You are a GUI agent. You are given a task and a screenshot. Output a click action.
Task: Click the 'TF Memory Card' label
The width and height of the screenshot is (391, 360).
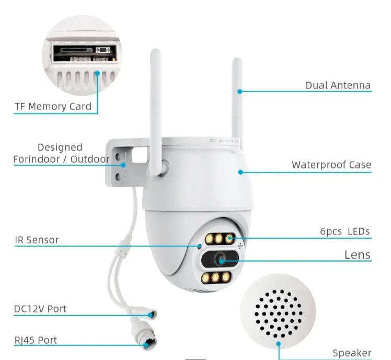53,107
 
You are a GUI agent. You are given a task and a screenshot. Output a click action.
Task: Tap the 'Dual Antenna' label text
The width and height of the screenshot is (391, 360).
338,85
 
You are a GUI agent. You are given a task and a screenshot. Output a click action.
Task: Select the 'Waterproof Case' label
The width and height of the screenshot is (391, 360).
331,165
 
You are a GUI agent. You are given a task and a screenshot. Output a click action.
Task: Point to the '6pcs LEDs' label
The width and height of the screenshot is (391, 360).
344,231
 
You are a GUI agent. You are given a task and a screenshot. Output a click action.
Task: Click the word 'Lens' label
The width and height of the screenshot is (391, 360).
358,255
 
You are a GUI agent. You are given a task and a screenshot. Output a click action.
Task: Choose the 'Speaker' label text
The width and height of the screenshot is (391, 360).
352,353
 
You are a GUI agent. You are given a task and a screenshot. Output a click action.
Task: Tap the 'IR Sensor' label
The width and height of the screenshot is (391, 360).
37,240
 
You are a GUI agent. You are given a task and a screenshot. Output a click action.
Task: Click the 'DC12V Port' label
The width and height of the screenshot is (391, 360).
40,309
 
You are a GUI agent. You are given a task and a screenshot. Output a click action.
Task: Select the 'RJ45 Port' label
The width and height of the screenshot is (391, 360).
35,340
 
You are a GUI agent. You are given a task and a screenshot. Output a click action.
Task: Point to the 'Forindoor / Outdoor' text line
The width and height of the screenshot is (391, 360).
62,159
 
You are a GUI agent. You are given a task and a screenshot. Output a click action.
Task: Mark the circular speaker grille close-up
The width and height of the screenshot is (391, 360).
279,309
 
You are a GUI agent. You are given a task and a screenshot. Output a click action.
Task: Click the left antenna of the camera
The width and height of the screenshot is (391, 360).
156,105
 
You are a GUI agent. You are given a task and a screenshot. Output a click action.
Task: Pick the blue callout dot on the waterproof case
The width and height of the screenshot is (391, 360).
241,171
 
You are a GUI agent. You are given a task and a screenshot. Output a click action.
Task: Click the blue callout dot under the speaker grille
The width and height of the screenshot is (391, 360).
279,344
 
